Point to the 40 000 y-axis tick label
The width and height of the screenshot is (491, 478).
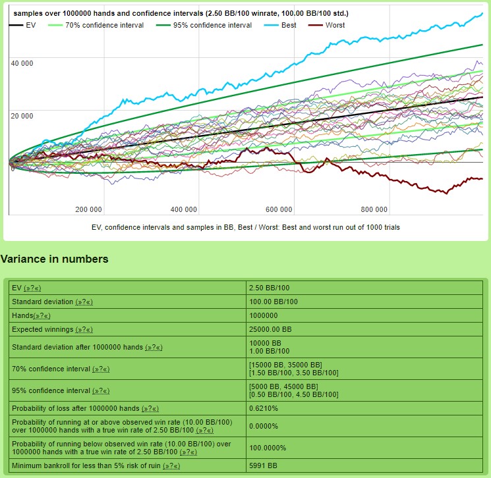click(x=22, y=63)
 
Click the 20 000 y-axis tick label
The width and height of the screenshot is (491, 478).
click(x=22, y=116)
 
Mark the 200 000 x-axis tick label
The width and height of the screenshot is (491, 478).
click(x=88, y=210)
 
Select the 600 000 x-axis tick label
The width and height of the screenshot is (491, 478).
click(x=279, y=210)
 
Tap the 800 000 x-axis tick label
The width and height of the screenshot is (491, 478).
click(x=374, y=210)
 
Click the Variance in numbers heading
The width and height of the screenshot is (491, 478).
click(x=54, y=259)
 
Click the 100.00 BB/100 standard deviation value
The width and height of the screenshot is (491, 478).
click(x=273, y=302)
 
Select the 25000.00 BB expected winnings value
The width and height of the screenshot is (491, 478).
click(x=270, y=329)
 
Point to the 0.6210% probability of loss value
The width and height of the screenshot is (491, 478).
click(x=264, y=408)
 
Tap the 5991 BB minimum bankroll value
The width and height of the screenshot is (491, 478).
click(x=263, y=465)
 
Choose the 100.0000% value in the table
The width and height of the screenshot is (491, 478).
click(x=268, y=448)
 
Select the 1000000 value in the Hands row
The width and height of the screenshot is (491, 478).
click(x=264, y=315)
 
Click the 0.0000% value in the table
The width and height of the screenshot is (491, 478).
click(x=264, y=426)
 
